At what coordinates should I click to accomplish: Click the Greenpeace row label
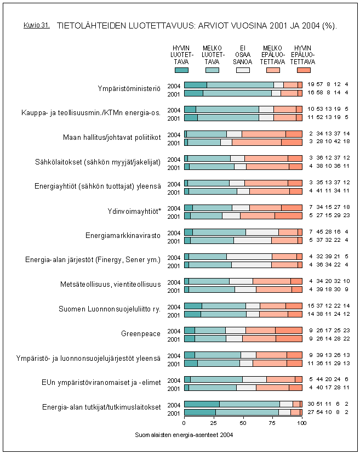pyautogui.click(x=140, y=333)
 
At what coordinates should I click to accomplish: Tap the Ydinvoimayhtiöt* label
pyautogui.click(x=134, y=211)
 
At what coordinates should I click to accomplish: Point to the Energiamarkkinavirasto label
pyautogui.click(x=123, y=236)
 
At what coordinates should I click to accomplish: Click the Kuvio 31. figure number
pyautogui.click(x=37, y=25)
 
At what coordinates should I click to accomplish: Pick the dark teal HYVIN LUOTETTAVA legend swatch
pyautogui.click(x=181, y=70)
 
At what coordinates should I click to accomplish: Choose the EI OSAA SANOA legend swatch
pyautogui.click(x=243, y=70)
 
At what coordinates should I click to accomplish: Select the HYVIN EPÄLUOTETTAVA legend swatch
pyautogui.click(x=304, y=70)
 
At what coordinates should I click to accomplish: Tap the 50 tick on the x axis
pyautogui.click(x=243, y=423)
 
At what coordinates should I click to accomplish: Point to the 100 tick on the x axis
pyautogui.click(x=301, y=423)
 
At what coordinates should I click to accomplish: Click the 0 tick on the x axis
pyautogui.click(x=184, y=423)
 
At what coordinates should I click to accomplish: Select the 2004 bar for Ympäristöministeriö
pyautogui.click(x=243, y=84)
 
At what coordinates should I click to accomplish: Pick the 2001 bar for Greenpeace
pyautogui.click(x=243, y=338)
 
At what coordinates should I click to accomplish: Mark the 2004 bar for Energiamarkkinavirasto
pyautogui.click(x=243, y=232)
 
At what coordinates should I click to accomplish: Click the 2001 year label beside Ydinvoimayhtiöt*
pyautogui.click(x=174, y=216)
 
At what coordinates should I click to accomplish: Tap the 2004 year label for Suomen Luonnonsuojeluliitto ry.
pyautogui.click(x=174, y=306)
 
